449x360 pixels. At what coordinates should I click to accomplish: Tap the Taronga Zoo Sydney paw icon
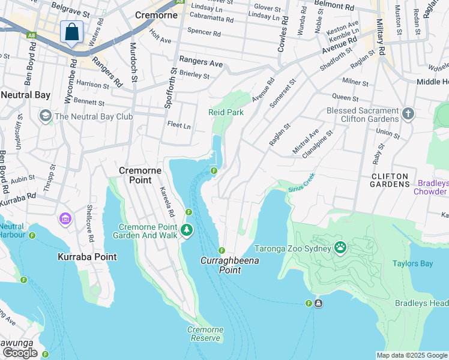pyautogui.click(x=340, y=247)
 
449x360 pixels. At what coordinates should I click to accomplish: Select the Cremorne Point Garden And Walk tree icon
pyautogui.click(x=187, y=230)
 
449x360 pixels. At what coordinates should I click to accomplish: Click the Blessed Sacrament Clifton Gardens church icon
pyautogui.click(x=408, y=113)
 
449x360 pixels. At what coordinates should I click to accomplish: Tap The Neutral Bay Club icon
pyautogui.click(x=45, y=115)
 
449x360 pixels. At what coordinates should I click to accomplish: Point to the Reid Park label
pyautogui.click(x=226, y=112)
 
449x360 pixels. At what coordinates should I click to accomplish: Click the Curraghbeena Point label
pyautogui.click(x=221, y=266)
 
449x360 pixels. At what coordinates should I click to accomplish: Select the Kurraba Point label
pyautogui.click(x=87, y=257)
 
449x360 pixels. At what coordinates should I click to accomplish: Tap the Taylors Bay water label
pyautogui.click(x=413, y=263)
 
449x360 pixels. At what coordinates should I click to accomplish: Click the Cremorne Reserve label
pyautogui.click(x=205, y=334)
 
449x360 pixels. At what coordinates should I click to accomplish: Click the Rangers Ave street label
pyautogui.click(x=201, y=62)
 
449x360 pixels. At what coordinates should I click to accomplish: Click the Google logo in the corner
pyautogui.click(x=20, y=353)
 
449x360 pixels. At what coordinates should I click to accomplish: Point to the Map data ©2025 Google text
pyautogui.click(x=412, y=355)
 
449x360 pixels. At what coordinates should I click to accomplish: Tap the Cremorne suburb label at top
pyautogui.click(x=157, y=15)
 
